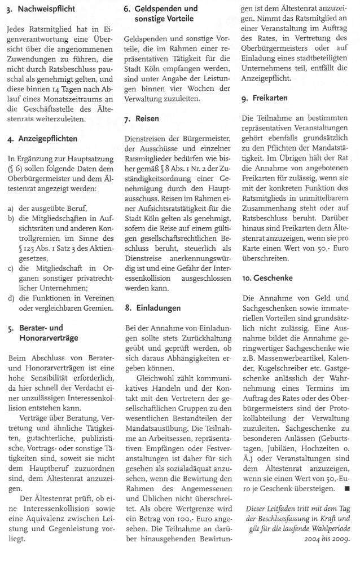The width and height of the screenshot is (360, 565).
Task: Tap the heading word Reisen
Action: [x=147, y=118]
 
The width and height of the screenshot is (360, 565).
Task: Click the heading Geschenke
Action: [x=269, y=279]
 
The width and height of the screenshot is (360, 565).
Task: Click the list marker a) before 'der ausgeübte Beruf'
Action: [x=11, y=209]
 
